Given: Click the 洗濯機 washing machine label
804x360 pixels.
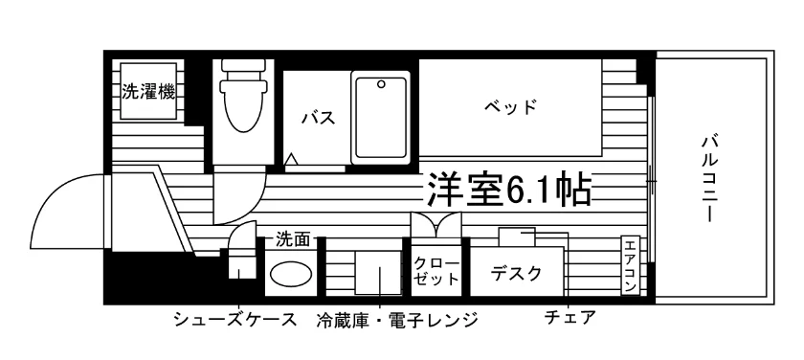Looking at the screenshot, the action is tap(148, 92).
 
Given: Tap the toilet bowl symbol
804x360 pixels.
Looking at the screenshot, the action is tap(243, 96).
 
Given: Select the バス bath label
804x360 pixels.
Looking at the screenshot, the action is tap(319, 118).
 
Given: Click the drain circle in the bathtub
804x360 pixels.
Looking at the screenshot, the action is tap(381, 84).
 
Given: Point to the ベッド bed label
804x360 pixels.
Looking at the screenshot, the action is tap(510, 106).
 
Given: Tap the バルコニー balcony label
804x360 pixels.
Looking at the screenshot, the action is tap(709, 177).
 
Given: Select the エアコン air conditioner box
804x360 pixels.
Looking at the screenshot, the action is tap(630, 265).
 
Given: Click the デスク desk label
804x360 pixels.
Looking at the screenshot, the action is tap(516, 273).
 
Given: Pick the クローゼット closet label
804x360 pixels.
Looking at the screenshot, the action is tap(436, 271).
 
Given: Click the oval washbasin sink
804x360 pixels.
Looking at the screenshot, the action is tap(291, 274).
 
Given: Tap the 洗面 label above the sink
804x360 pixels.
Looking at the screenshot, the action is tap(293, 239).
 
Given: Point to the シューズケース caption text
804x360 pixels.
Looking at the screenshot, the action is tap(235, 319).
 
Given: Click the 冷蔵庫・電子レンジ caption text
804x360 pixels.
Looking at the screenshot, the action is tap(397, 320).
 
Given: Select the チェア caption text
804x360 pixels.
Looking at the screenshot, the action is tap(570, 318).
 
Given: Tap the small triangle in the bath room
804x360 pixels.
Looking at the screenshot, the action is tap(291, 160).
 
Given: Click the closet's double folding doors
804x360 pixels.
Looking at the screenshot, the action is tap(436, 225).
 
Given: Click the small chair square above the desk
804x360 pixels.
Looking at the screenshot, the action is tap(517, 236).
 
